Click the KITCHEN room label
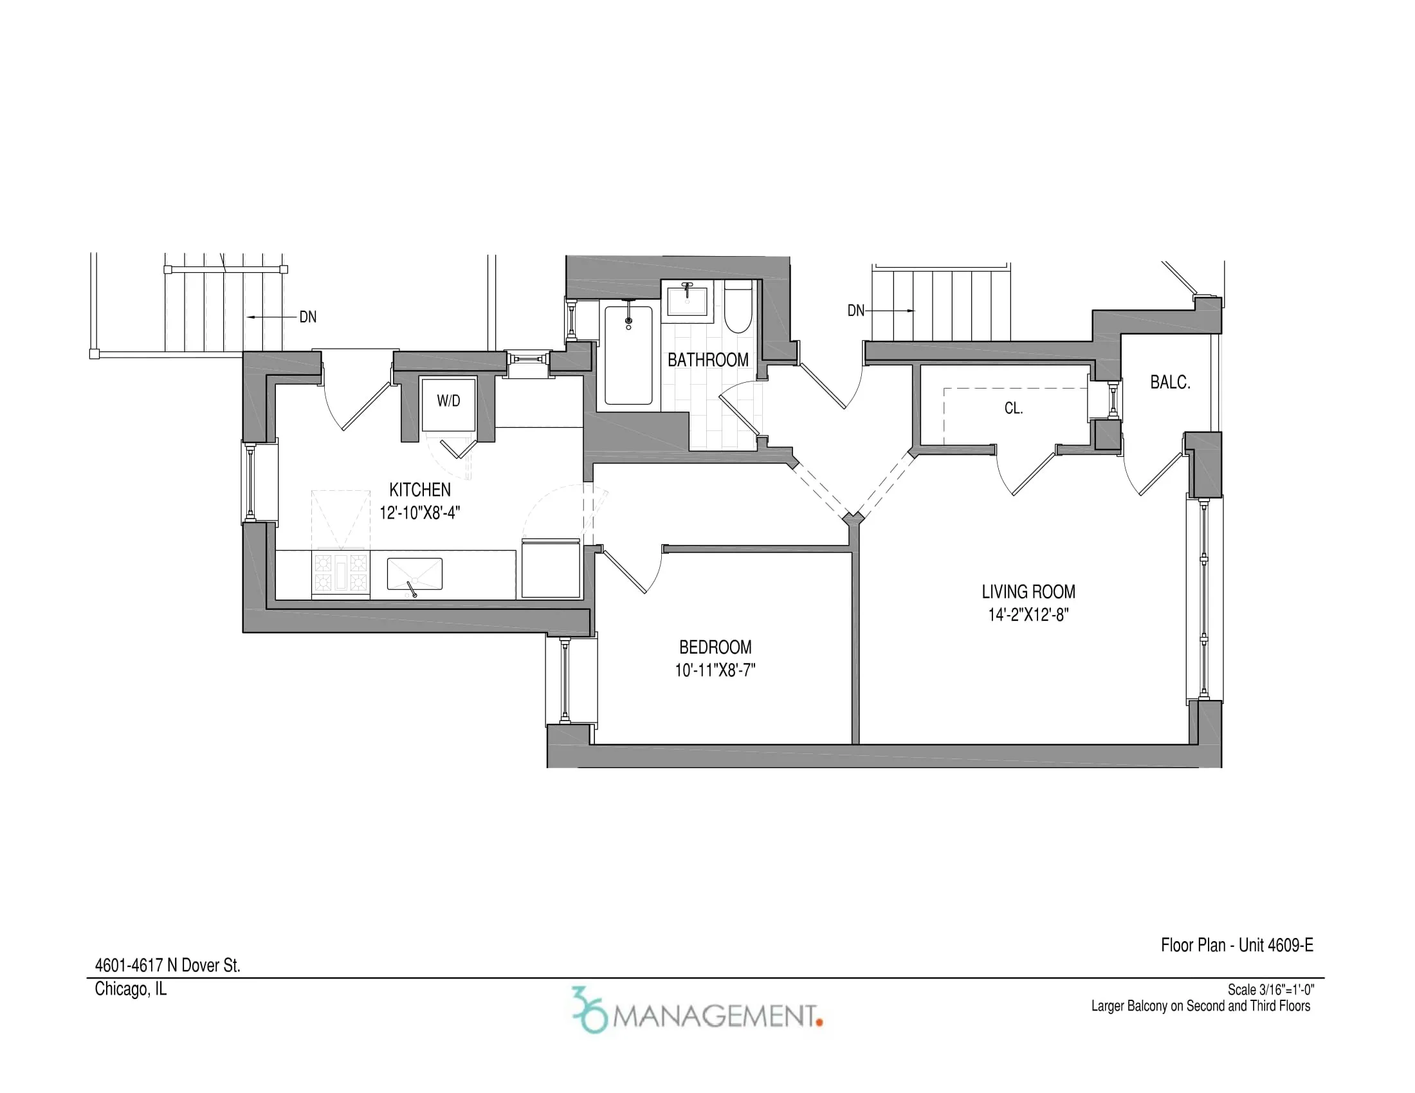pos(420,490)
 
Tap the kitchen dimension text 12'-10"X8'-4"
pos(420,513)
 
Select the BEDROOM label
pos(715,647)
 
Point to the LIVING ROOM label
pos(1028,591)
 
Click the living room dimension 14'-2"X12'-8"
pos(1028,615)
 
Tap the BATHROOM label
pos(708,360)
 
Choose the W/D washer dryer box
pos(448,404)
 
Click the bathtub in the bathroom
pos(628,356)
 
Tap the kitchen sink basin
pos(415,574)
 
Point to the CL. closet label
pos(1013,408)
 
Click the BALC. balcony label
pos(1170,382)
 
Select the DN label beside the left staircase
pos(307,317)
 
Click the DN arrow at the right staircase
pos(890,311)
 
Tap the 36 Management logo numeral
pos(589,1009)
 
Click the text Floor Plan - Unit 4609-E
pos(1237,945)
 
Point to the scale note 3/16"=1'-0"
pos(1270,989)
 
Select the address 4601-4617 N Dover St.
pos(168,966)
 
